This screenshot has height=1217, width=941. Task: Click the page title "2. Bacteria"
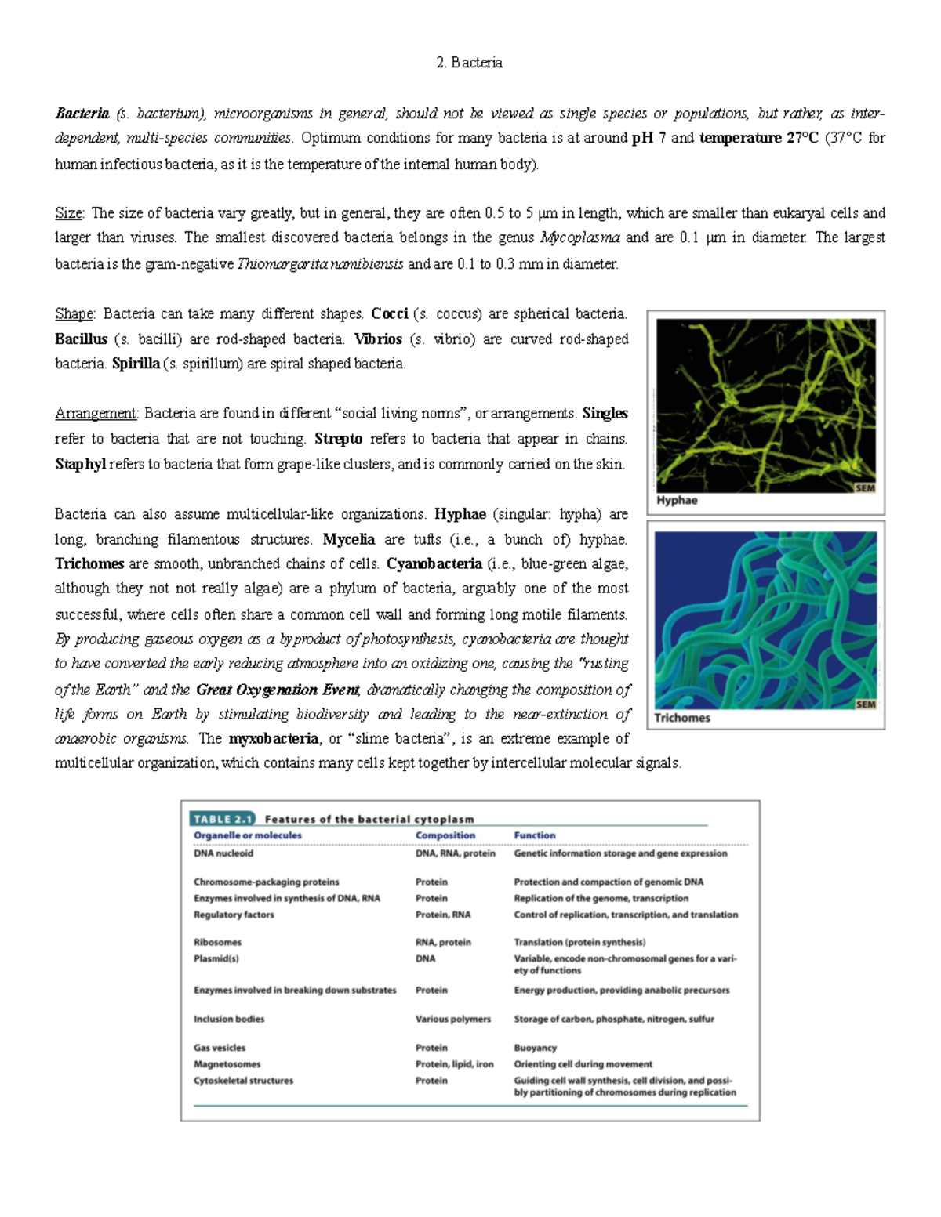click(x=469, y=63)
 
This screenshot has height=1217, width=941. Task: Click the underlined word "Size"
click(x=69, y=213)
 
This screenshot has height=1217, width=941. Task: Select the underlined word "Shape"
click(x=74, y=314)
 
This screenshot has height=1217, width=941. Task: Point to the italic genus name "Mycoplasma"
click(x=580, y=238)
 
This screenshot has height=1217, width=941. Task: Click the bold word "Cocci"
click(x=390, y=314)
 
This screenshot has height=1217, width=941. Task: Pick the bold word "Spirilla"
click(x=136, y=364)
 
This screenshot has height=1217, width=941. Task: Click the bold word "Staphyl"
click(x=80, y=465)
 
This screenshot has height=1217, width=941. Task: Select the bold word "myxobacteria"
click(x=274, y=739)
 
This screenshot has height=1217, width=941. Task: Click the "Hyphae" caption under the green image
click(x=677, y=501)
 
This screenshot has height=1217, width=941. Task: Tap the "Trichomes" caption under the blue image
click(x=682, y=718)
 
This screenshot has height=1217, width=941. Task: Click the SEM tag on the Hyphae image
click(x=865, y=488)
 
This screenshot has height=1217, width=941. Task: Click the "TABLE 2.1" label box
click(x=223, y=819)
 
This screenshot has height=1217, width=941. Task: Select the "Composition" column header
click(x=445, y=835)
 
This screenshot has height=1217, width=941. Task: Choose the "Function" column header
click(x=535, y=835)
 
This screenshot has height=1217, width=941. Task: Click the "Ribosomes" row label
click(x=218, y=943)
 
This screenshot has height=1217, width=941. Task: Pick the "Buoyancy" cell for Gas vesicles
click(x=536, y=1048)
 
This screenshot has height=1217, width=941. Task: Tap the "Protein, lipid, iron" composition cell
click(x=455, y=1064)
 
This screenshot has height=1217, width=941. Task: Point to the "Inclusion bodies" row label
click(x=229, y=1020)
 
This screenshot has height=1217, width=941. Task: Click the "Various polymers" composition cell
click(x=453, y=1020)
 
